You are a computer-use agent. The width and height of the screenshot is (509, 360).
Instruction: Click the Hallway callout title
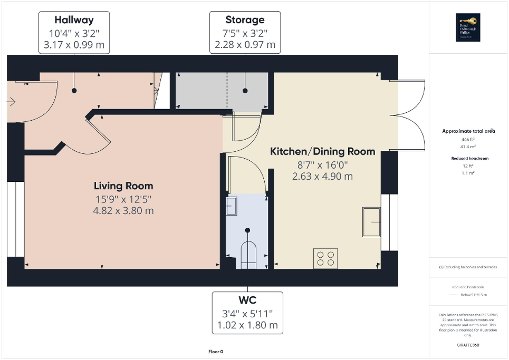(x=74, y=21)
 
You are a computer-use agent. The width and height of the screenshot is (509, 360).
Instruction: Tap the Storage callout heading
(x=245, y=20)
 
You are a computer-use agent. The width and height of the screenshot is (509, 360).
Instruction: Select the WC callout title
(x=247, y=300)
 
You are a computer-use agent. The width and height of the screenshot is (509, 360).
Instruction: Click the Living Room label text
(x=123, y=186)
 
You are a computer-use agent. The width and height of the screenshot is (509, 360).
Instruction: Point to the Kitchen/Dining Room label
(x=322, y=152)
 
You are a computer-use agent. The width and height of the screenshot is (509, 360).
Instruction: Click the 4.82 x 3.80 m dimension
(x=123, y=211)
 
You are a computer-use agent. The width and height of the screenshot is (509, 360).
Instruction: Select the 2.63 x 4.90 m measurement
(x=322, y=176)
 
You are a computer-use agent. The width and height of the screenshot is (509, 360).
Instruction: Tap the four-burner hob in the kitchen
(x=325, y=258)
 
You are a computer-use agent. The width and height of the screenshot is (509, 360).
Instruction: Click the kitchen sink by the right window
(x=371, y=222)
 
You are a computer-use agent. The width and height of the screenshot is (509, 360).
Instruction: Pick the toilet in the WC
(x=248, y=254)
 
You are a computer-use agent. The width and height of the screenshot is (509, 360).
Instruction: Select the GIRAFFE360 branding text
(x=468, y=345)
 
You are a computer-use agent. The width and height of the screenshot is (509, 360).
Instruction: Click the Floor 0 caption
(x=216, y=352)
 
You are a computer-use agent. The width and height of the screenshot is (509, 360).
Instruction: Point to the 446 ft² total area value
(x=468, y=140)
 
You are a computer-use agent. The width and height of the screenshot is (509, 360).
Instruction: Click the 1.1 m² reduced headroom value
(x=468, y=173)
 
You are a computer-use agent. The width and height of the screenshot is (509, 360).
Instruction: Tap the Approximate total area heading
(x=468, y=131)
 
